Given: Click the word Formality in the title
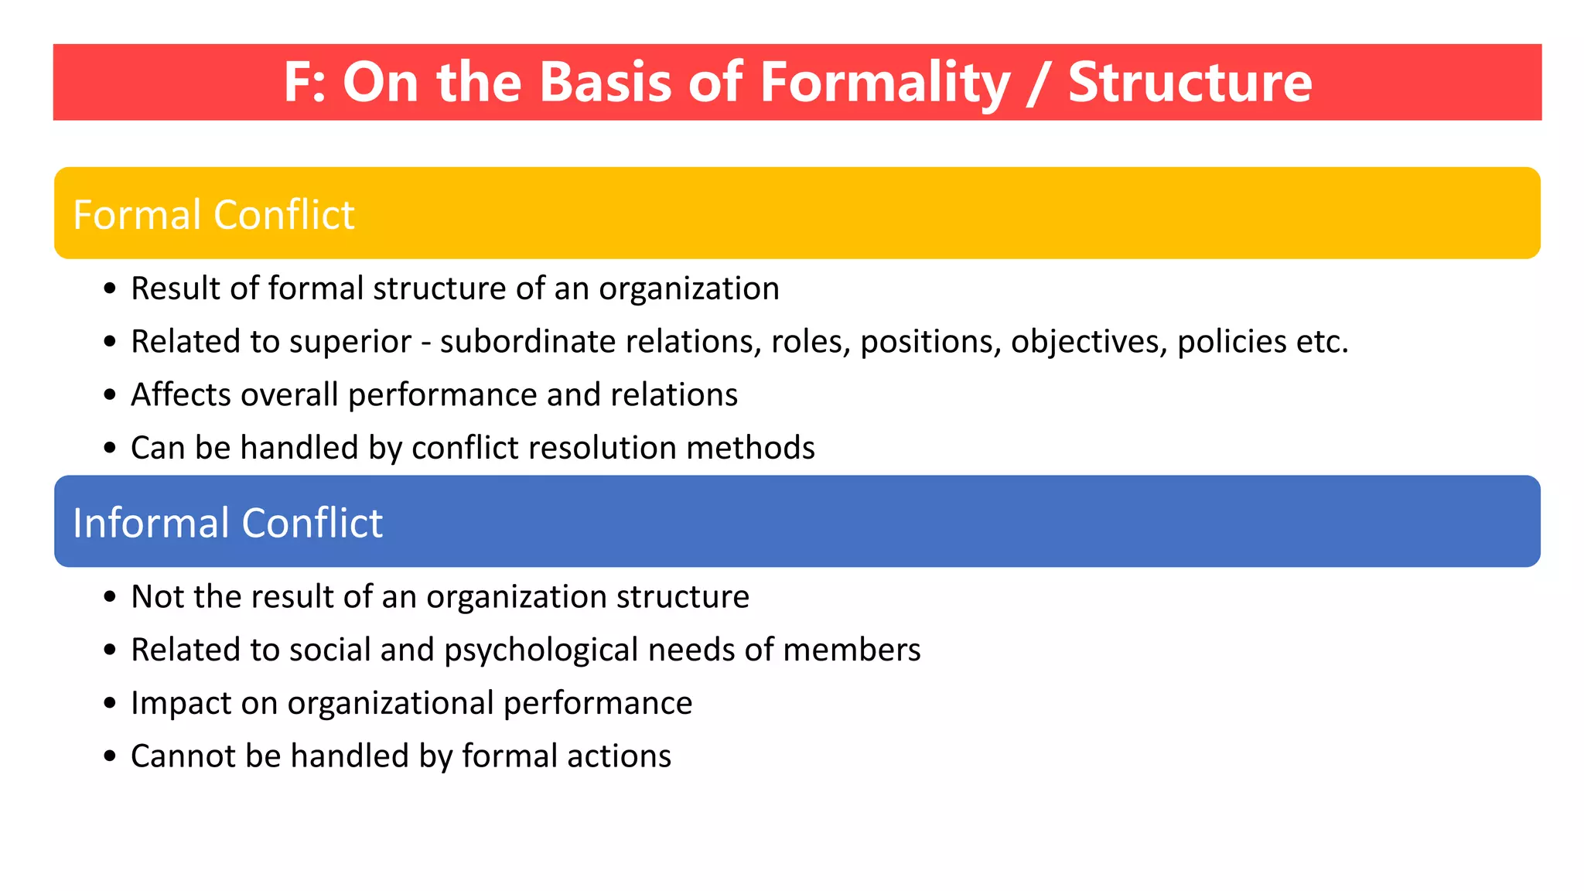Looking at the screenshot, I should click(885, 82).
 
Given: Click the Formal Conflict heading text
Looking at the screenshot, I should click(213, 214).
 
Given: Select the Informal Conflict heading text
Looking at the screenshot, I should click(227, 523).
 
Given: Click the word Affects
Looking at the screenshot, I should click(180, 394).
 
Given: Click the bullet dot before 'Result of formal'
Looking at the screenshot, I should click(110, 289).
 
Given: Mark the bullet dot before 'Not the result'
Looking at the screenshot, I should click(110, 597).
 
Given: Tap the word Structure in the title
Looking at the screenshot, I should click(1190, 82).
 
